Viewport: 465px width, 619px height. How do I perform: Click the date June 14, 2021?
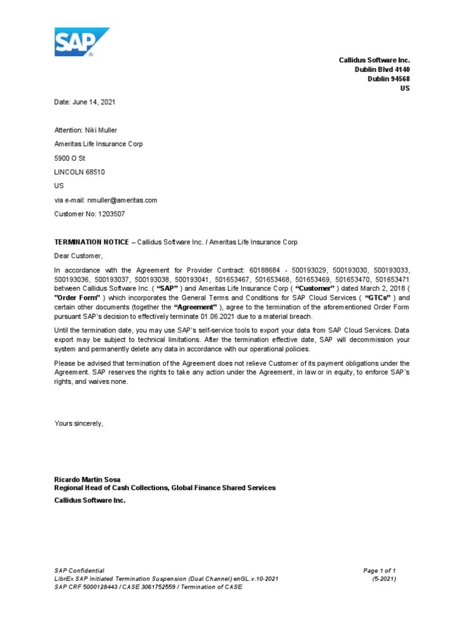tap(93, 102)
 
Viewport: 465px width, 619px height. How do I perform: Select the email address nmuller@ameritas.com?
tap(122, 200)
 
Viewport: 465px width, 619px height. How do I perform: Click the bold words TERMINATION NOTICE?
tap(91, 242)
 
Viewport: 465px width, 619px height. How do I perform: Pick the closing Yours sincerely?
tap(79, 424)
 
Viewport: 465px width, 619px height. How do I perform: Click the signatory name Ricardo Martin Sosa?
tap(87, 479)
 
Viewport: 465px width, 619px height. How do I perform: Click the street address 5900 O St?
tap(71, 158)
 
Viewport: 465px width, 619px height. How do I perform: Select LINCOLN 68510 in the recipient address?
tap(79, 172)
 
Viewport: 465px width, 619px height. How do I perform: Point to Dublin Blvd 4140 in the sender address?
tap(382, 70)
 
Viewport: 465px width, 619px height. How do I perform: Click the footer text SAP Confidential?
tap(79, 571)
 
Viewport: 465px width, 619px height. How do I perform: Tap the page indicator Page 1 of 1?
tap(379, 571)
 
